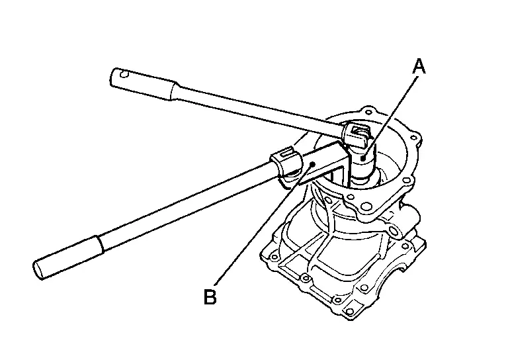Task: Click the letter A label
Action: [417, 66]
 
